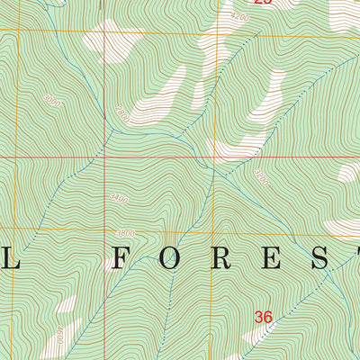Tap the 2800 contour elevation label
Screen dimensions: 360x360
click(x=121, y=114)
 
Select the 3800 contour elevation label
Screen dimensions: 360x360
click(x=125, y=234)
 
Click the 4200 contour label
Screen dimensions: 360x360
click(x=238, y=17)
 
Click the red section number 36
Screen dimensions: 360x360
click(x=263, y=317)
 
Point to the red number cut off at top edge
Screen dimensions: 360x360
click(x=262, y=3)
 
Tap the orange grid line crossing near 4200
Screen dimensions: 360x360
click(x=215, y=33)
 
